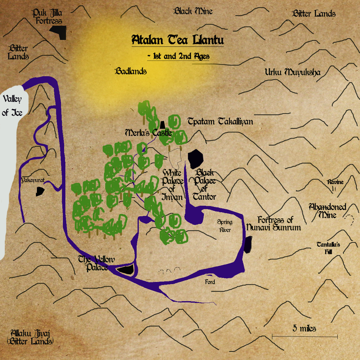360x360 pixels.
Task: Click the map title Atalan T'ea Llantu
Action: (178, 40)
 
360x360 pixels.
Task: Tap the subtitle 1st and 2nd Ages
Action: (178, 56)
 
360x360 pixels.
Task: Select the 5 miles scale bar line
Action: (305, 336)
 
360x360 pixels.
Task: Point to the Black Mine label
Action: (193, 11)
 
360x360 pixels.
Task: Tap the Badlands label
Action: (131, 71)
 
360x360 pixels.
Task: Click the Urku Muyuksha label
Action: (292, 72)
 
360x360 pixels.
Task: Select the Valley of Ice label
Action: (12, 105)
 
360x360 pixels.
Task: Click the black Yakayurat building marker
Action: (40, 191)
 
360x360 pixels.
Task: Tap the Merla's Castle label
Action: (148, 133)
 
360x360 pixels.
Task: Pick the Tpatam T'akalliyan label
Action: (220, 121)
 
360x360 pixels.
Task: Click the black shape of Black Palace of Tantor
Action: (195, 159)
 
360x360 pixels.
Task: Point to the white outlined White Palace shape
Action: (175, 158)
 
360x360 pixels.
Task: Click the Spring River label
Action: (225, 226)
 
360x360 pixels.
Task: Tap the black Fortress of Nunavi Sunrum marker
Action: (248, 244)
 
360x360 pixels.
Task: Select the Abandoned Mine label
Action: (327, 211)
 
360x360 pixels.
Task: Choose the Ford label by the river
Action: (210, 282)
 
